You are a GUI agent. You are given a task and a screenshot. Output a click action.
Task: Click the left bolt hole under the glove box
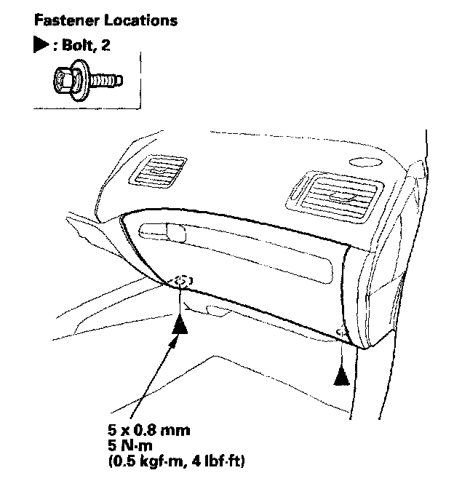[182, 280]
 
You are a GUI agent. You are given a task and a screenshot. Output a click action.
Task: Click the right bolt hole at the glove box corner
[341, 333]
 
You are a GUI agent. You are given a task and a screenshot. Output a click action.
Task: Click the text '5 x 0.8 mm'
[148, 430]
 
